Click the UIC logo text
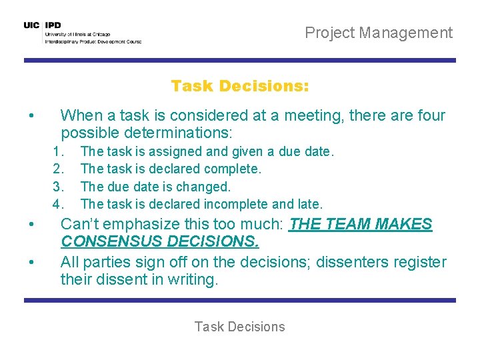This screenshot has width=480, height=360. (x=31, y=25)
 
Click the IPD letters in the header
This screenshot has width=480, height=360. (x=53, y=25)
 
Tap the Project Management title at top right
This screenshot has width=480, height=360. (x=378, y=33)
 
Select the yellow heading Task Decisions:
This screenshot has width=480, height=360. (x=240, y=86)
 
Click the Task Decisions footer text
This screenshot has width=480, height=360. (x=239, y=327)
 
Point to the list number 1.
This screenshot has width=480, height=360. (x=58, y=152)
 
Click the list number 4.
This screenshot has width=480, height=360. (x=58, y=204)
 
